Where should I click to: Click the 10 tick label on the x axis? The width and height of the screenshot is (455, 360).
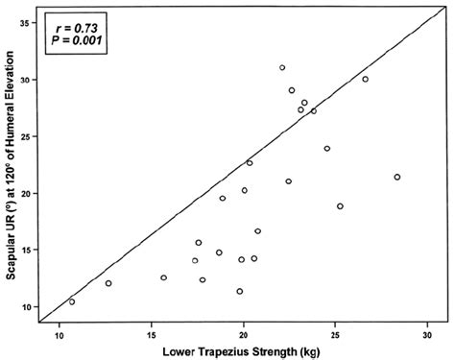[59, 334]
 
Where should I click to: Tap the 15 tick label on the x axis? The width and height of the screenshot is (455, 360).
[152, 334]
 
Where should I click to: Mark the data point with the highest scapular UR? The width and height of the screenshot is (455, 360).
[282, 68]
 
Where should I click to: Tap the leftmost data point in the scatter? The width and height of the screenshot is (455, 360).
[72, 301]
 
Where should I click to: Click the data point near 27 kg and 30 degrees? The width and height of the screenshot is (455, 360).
[366, 80]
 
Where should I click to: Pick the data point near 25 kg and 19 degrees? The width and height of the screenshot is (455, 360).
[341, 206]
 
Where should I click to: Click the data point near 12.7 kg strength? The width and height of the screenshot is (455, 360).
[108, 283]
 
